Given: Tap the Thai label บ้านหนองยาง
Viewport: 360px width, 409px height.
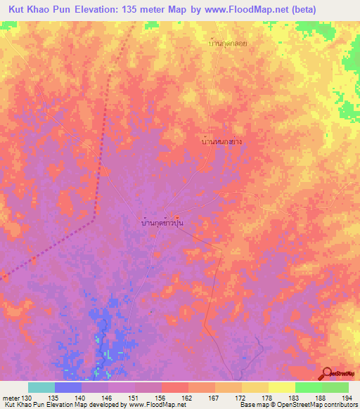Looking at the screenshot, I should click(x=222, y=141).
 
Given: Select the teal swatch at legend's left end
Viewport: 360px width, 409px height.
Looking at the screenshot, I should click(x=41, y=387).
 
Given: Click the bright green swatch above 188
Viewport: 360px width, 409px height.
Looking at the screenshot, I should click(x=308, y=387).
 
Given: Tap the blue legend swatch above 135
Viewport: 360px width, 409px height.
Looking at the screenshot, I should click(x=68, y=387).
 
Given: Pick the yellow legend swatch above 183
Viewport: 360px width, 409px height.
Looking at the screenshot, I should click(x=281, y=387).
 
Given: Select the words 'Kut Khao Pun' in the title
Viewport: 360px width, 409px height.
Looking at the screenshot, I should click(x=41, y=9).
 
